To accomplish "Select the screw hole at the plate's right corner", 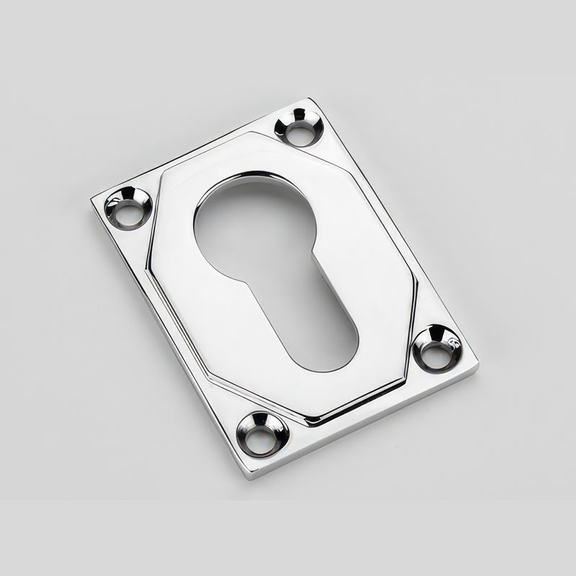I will [438, 348].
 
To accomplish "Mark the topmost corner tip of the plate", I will [310, 99].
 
